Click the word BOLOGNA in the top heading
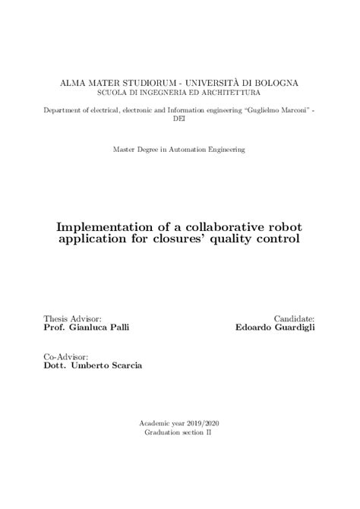coord(273,82)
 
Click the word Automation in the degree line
coord(193,150)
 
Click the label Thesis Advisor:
coord(73,319)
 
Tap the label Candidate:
coord(294,319)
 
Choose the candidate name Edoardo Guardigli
coord(275,329)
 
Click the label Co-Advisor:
coord(66,356)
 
